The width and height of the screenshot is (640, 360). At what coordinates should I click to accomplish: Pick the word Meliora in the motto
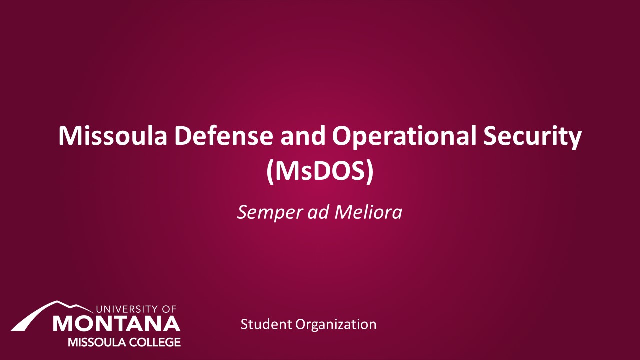coord(368,212)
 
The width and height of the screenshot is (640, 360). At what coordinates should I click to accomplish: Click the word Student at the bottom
coord(266,324)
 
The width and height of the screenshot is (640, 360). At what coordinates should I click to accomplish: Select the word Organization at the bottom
coord(336,325)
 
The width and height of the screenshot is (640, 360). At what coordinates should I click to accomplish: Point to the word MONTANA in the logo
coord(116,324)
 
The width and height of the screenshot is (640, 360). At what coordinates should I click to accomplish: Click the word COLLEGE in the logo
coord(154,342)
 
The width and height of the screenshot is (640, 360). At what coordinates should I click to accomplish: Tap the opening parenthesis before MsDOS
coord(270,171)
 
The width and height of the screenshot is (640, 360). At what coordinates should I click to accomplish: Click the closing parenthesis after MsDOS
coord(370,171)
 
